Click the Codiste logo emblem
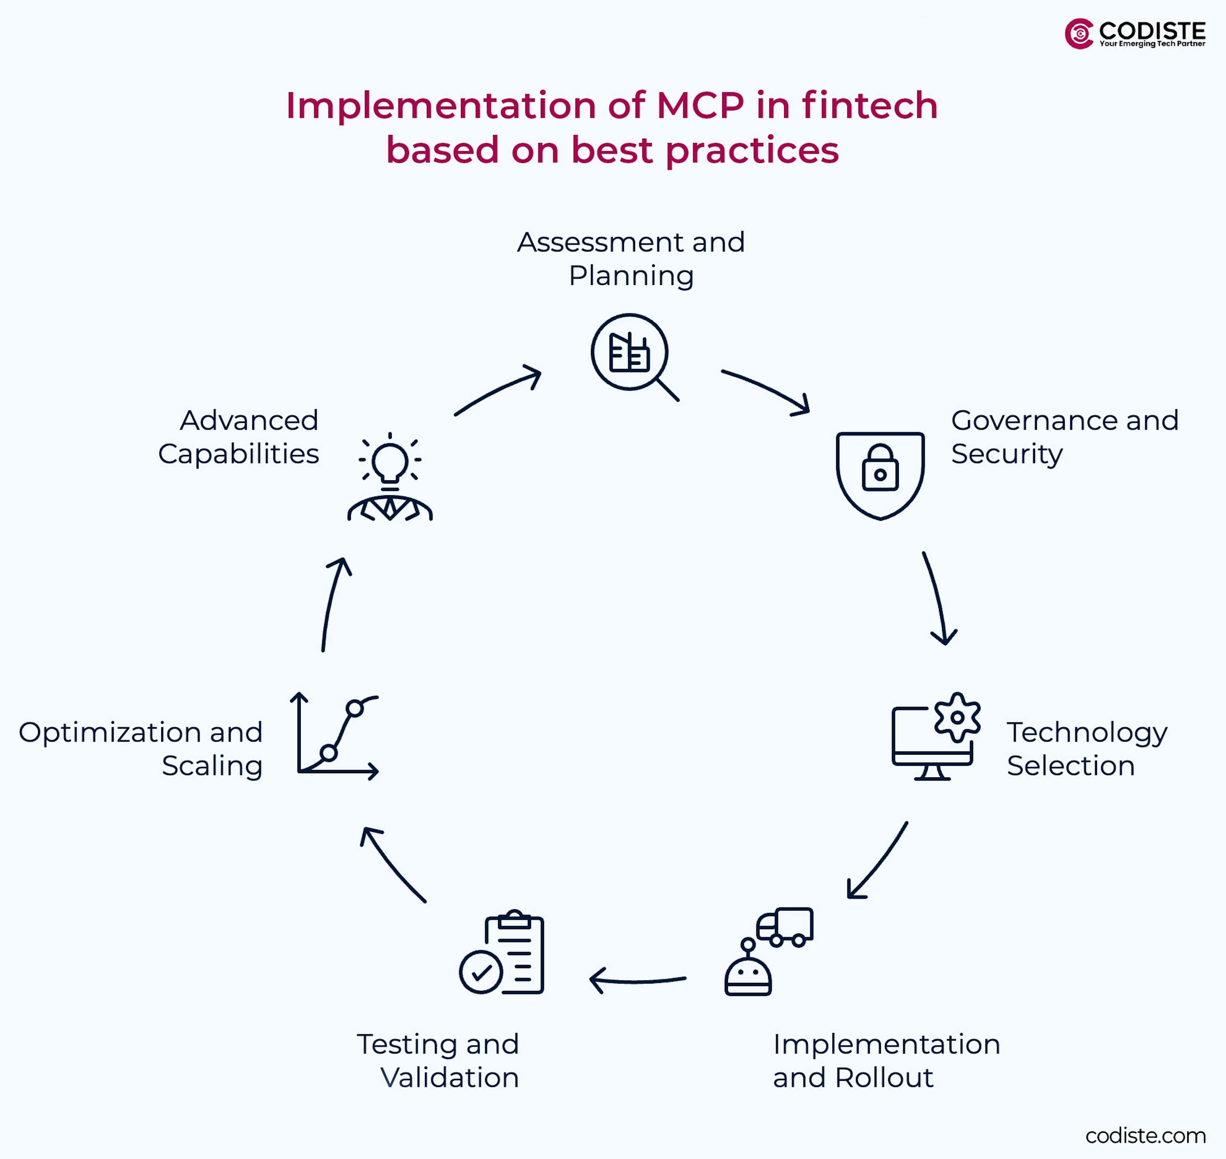tap(1079, 34)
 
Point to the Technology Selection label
tap(1086, 748)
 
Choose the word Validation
tap(450, 1077)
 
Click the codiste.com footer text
tap(1145, 1135)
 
